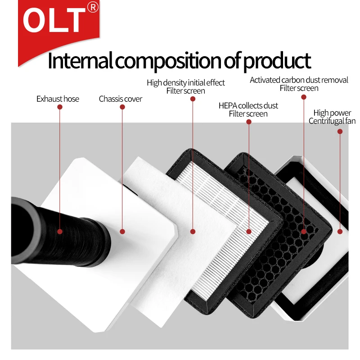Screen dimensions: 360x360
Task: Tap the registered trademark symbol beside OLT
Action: (x=93, y=7)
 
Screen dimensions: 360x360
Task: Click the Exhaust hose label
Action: (x=58, y=99)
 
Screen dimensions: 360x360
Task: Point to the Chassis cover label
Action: (x=121, y=99)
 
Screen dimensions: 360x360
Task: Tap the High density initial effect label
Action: (x=186, y=83)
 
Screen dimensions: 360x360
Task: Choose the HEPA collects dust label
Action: (x=248, y=106)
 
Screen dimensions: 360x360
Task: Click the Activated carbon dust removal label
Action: (x=299, y=80)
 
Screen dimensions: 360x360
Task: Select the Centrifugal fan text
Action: (x=332, y=121)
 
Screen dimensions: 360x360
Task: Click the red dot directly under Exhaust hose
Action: (x=60, y=107)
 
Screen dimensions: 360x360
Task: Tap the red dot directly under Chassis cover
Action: (x=122, y=107)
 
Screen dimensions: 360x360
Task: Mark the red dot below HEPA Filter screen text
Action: (x=249, y=122)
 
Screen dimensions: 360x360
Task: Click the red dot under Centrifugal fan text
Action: (x=340, y=131)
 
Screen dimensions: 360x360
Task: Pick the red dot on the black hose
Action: (x=60, y=232)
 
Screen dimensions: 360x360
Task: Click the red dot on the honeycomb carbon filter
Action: (x=303, y=232)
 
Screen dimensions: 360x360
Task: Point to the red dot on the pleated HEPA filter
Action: (x=249, y=232)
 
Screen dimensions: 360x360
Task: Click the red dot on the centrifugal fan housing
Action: (x=340, y=232)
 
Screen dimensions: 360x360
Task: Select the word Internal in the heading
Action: (x=80, y=61)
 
